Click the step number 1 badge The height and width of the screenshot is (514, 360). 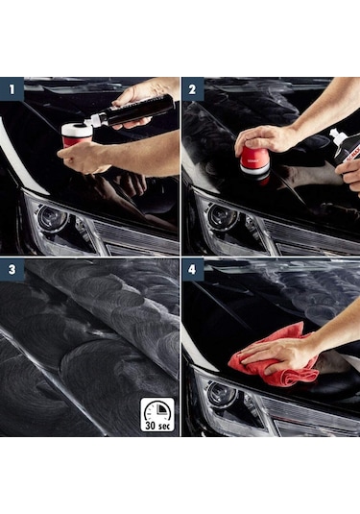(12, 88)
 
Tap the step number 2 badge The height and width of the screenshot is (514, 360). (192, 88)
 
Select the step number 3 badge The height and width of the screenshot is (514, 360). (12, 269)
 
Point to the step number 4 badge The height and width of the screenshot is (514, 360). (192, 269)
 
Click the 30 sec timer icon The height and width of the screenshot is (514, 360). (157, 414)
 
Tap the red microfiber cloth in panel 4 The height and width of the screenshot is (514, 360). (276, 357)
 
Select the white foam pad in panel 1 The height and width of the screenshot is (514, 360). (77, 131)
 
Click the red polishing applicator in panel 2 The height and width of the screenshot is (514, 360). (254, 162)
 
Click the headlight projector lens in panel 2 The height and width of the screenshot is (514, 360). (224, 216)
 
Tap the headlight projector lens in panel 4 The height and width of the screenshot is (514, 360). (222, 394)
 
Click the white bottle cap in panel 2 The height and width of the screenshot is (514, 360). (335, 135)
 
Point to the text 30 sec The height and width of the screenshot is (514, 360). (157, 426)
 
